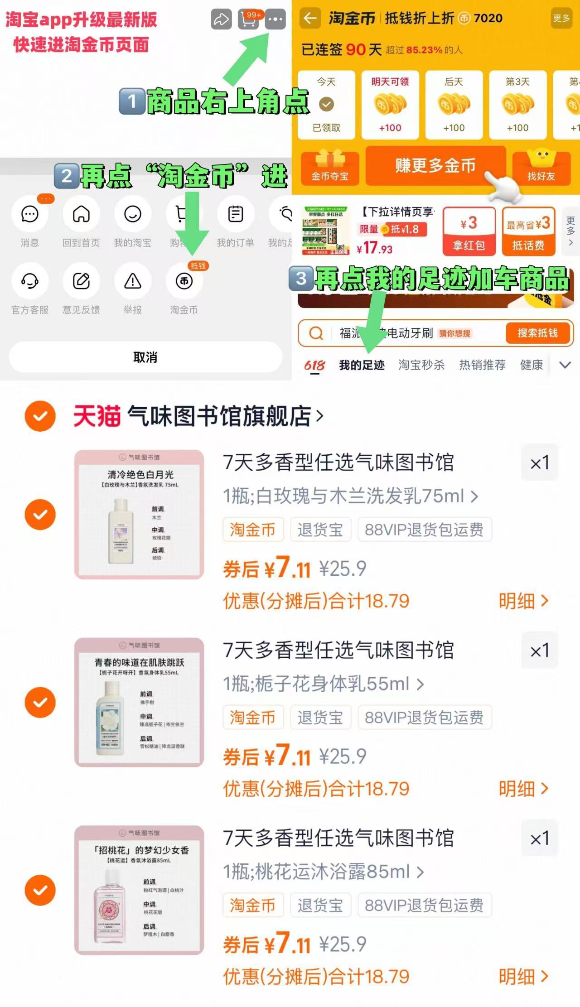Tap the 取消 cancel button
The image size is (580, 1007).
pyautogui.click(x=145, y=357)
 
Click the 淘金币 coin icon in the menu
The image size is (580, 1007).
pyautogui.click(x=184, y=281)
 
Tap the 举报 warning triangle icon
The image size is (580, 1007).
pyautogui.click(x=133, y=281)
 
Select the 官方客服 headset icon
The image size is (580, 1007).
pyautogui.click(x=30, y=281)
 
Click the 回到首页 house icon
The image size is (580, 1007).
pyautogui.click(x=81, y=214)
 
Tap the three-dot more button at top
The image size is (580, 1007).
pyautogui.click(x=275, y=19)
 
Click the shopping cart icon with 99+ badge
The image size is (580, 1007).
pyautogui.click(x=249, y=19)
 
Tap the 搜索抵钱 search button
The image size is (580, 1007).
pyautogui.click(x=538, y=333)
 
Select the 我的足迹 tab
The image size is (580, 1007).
pyautogui.click(x=362, y=365)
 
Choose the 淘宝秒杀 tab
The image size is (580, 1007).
pyautogui.click(x=421, y=365)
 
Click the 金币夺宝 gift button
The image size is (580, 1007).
pyautogui.click(x=330, y=168)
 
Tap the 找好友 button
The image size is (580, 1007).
pyautogui.click(x=541, y=168)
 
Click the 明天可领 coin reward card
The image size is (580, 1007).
pyautogui.click(x=390, y=105)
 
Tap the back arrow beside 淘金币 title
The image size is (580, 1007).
pyautogui.click(x=310, y=18)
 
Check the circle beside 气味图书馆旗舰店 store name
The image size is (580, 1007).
pyautogui.click(x=40, y=416)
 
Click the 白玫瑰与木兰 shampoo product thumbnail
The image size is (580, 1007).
pyautogui.click(x=139, y=514)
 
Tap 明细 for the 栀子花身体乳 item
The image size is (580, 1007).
pyautogui.click(x=523, y=789)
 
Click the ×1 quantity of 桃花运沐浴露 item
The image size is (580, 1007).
pyautogui.click(x=539, y=838)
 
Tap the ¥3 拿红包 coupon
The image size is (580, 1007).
pyautogui.click(x=469, y=231)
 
